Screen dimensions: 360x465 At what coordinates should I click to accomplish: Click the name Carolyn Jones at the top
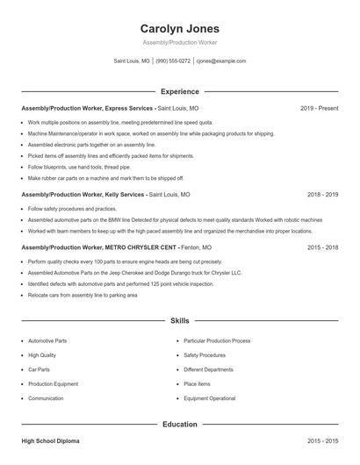point(179,29)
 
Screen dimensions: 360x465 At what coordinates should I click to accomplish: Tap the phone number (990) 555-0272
point(173,61)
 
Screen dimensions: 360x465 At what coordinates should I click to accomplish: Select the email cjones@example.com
point(220,61)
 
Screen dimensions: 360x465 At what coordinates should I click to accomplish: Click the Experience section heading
point(179,91)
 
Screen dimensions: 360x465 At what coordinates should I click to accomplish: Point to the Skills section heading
point(179,322)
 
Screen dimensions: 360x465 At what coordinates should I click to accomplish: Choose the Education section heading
point(179,424)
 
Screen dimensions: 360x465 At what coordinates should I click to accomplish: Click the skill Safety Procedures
point(205,355)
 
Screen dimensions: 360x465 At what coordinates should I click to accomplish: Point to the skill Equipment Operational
point(209,398)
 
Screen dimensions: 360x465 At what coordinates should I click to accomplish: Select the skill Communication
point(46,398)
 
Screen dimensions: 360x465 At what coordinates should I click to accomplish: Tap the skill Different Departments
point(208,369)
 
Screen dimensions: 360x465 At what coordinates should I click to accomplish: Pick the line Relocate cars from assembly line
point(83,296)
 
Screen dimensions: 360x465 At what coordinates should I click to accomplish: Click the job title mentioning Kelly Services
point(83,195)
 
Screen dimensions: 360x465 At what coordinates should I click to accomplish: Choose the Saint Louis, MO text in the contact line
point(132,61)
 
